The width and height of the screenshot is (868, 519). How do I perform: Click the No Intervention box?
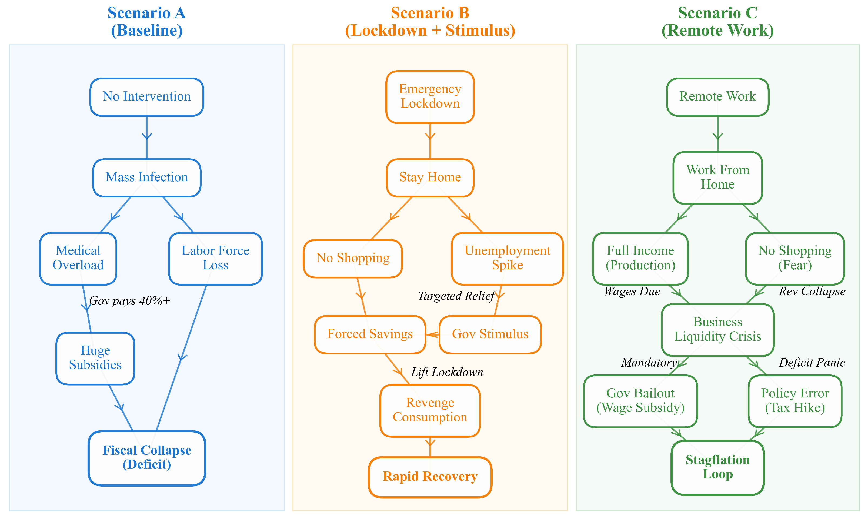(x=147, y=97)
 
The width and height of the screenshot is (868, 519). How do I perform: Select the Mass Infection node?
(x=147, y=178)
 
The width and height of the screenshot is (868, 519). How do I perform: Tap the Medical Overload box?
(x=78, y=259)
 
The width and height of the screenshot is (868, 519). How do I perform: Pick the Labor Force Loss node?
(x=215, y=259)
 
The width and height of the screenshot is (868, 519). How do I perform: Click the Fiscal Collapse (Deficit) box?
(x=147, y=458)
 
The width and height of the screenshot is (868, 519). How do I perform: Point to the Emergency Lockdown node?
(x=430, y=97)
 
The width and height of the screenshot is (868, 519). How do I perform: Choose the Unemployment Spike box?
(x=508, y=259)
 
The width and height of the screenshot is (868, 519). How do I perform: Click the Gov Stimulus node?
(x=490, y=335)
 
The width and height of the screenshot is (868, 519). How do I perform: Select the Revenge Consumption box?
(x=430, y=411)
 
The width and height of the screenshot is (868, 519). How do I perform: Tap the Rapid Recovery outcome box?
(x=430, y=477)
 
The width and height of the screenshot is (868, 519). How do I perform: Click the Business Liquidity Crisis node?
(x=718, y=330)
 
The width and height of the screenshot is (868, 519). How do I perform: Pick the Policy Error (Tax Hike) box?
(x=795, y=401)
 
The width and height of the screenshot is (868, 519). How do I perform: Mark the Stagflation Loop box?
(x=718, y=468)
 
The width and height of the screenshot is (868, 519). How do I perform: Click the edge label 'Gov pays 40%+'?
(x=129, y=301)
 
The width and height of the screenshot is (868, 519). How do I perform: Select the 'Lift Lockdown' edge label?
(x=447, y=372)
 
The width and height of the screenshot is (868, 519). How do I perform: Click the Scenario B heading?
(x=430, y=22)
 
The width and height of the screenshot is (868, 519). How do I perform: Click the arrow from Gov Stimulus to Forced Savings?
(x=433, y=335)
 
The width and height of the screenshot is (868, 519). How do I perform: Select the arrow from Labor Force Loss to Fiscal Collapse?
(x=181, y=358)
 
